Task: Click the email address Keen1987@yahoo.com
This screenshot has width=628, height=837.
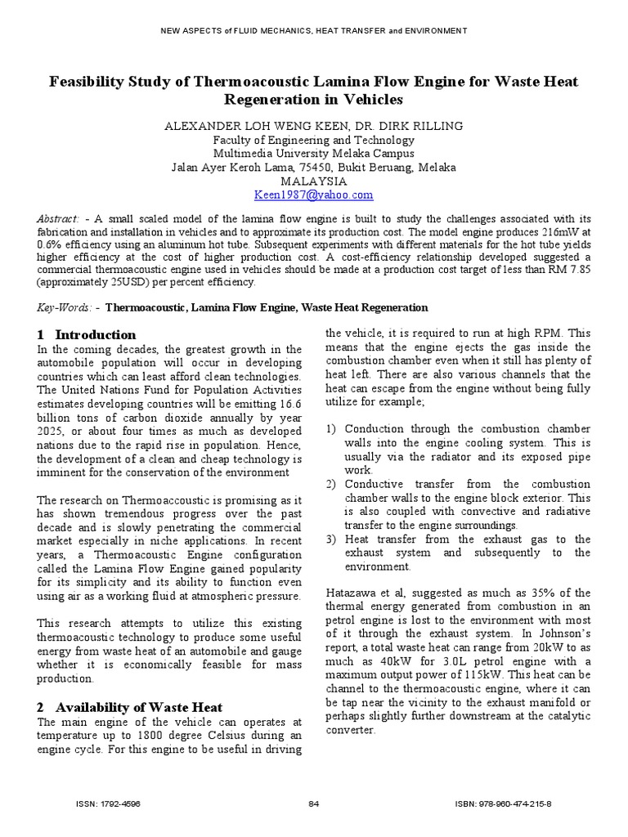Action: click(314, 195)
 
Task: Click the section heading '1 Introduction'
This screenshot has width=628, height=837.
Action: click(87, 334)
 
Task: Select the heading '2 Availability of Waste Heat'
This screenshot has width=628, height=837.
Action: click(129, 706)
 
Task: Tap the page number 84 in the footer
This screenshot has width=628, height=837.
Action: click(313, 803)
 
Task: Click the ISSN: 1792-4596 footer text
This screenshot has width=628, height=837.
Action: click(108, 803)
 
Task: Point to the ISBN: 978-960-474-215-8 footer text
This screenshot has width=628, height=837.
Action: click(503, 803)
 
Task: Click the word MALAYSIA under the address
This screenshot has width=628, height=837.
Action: click(314, 181)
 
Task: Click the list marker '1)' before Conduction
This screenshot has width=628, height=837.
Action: click(330, 428)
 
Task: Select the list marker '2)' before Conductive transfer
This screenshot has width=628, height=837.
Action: click(330, 484)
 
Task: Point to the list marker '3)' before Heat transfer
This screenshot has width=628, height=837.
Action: click(330, 539)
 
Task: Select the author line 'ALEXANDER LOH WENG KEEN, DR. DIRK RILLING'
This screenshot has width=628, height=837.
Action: click(314, 126)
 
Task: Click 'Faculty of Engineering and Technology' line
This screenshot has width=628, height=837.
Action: click(314, 140)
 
